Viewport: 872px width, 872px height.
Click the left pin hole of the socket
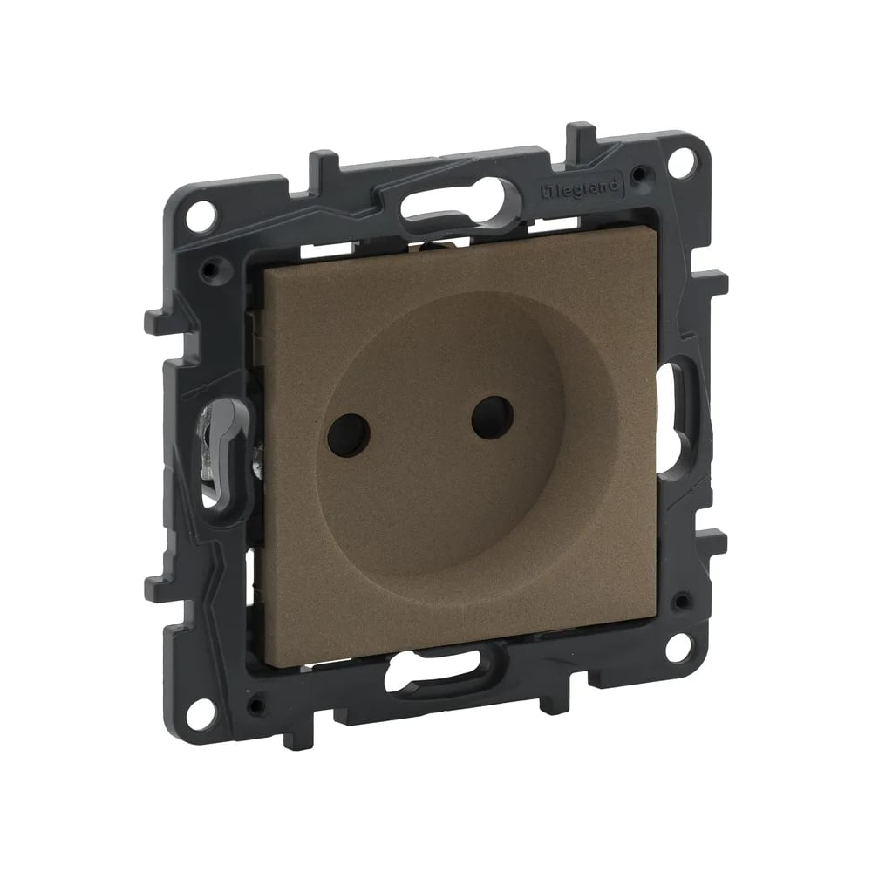pyautogui.click(x=349, y=433)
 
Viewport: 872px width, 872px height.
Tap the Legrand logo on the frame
pyautogui.click(x=580, y=188)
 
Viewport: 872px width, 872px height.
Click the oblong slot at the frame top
pyautogui.click(x=459, y=206)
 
